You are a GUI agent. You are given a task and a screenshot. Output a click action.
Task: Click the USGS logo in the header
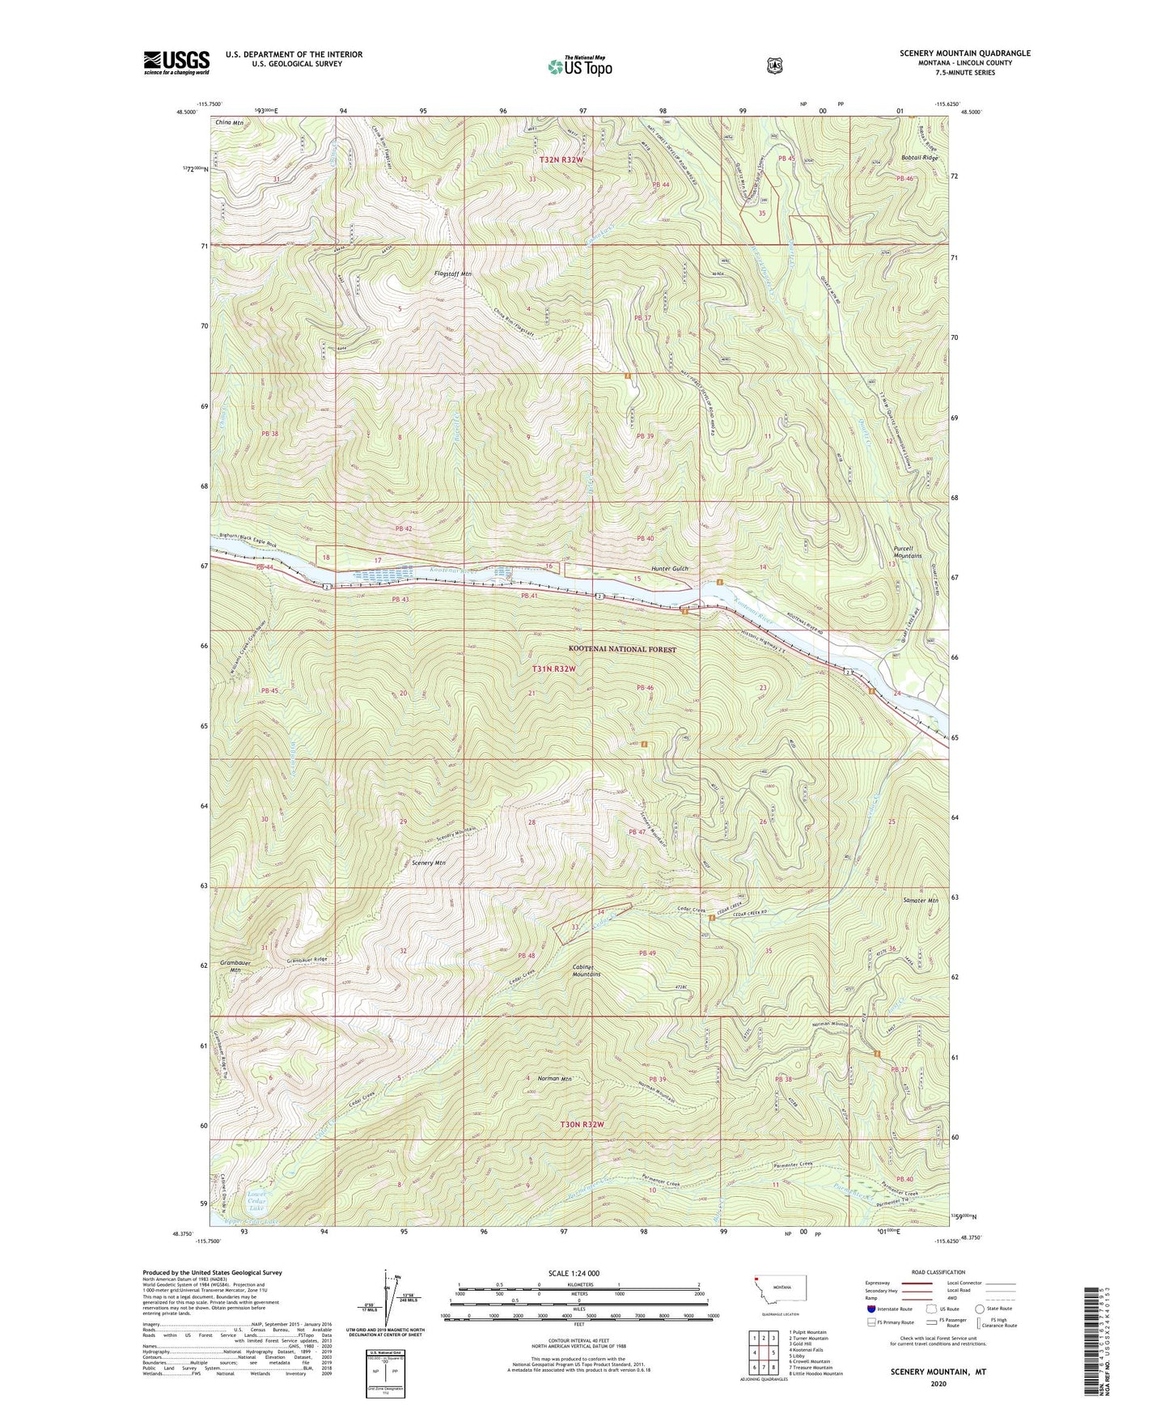coord(176,62)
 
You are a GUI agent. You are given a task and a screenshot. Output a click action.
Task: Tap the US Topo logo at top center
coord(579,66)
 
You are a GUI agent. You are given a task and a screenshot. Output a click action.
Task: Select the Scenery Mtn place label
coord(429,863)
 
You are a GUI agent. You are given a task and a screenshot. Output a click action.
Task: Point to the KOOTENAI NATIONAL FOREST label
coord(622,649)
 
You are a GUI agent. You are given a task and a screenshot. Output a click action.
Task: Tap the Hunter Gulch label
coord(668,569)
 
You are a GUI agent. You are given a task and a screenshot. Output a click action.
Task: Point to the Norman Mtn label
coord(555,1079)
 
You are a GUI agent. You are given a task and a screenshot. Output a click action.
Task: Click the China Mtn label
coord(229,122)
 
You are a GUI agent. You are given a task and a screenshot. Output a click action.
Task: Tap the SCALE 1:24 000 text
coord(574,1274)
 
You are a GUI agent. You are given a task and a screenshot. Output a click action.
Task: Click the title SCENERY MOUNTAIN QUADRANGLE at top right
coord(964,53)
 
